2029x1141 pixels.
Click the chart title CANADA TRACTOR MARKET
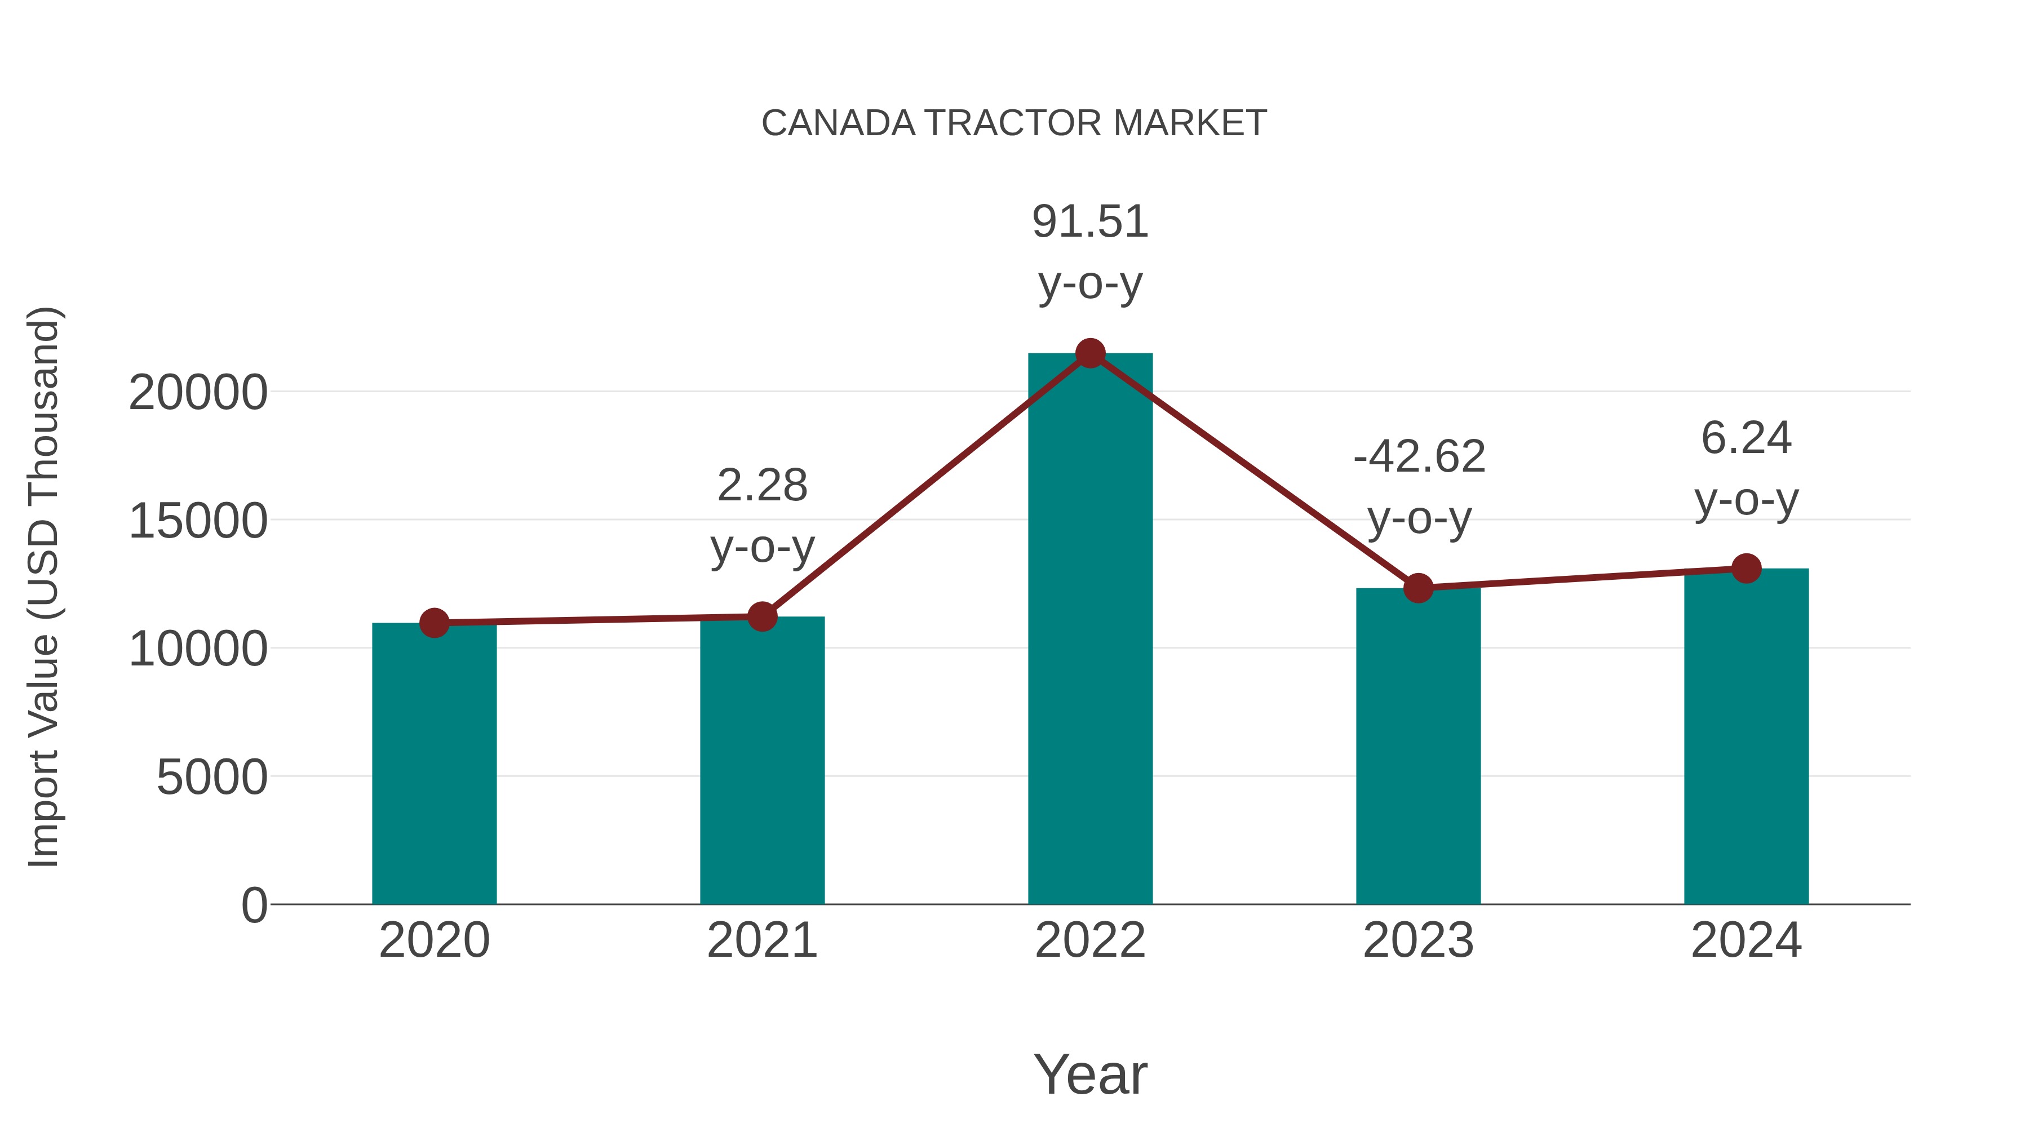[1014, 123]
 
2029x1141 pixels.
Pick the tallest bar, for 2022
[1090, 630]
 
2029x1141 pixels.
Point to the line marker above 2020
[434, 623]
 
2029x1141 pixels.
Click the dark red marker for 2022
[1090, 353]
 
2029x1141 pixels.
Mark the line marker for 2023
[1418, 588]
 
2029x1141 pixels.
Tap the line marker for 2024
[1746, 568]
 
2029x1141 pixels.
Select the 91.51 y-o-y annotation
[1090, 252]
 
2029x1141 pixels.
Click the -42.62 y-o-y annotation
[1419, 487]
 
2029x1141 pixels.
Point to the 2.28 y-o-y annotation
[761, 515]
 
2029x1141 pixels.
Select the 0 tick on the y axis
[254, 905]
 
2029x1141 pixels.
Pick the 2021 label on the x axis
[761, 940]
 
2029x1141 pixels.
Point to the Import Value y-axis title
[43, 587]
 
